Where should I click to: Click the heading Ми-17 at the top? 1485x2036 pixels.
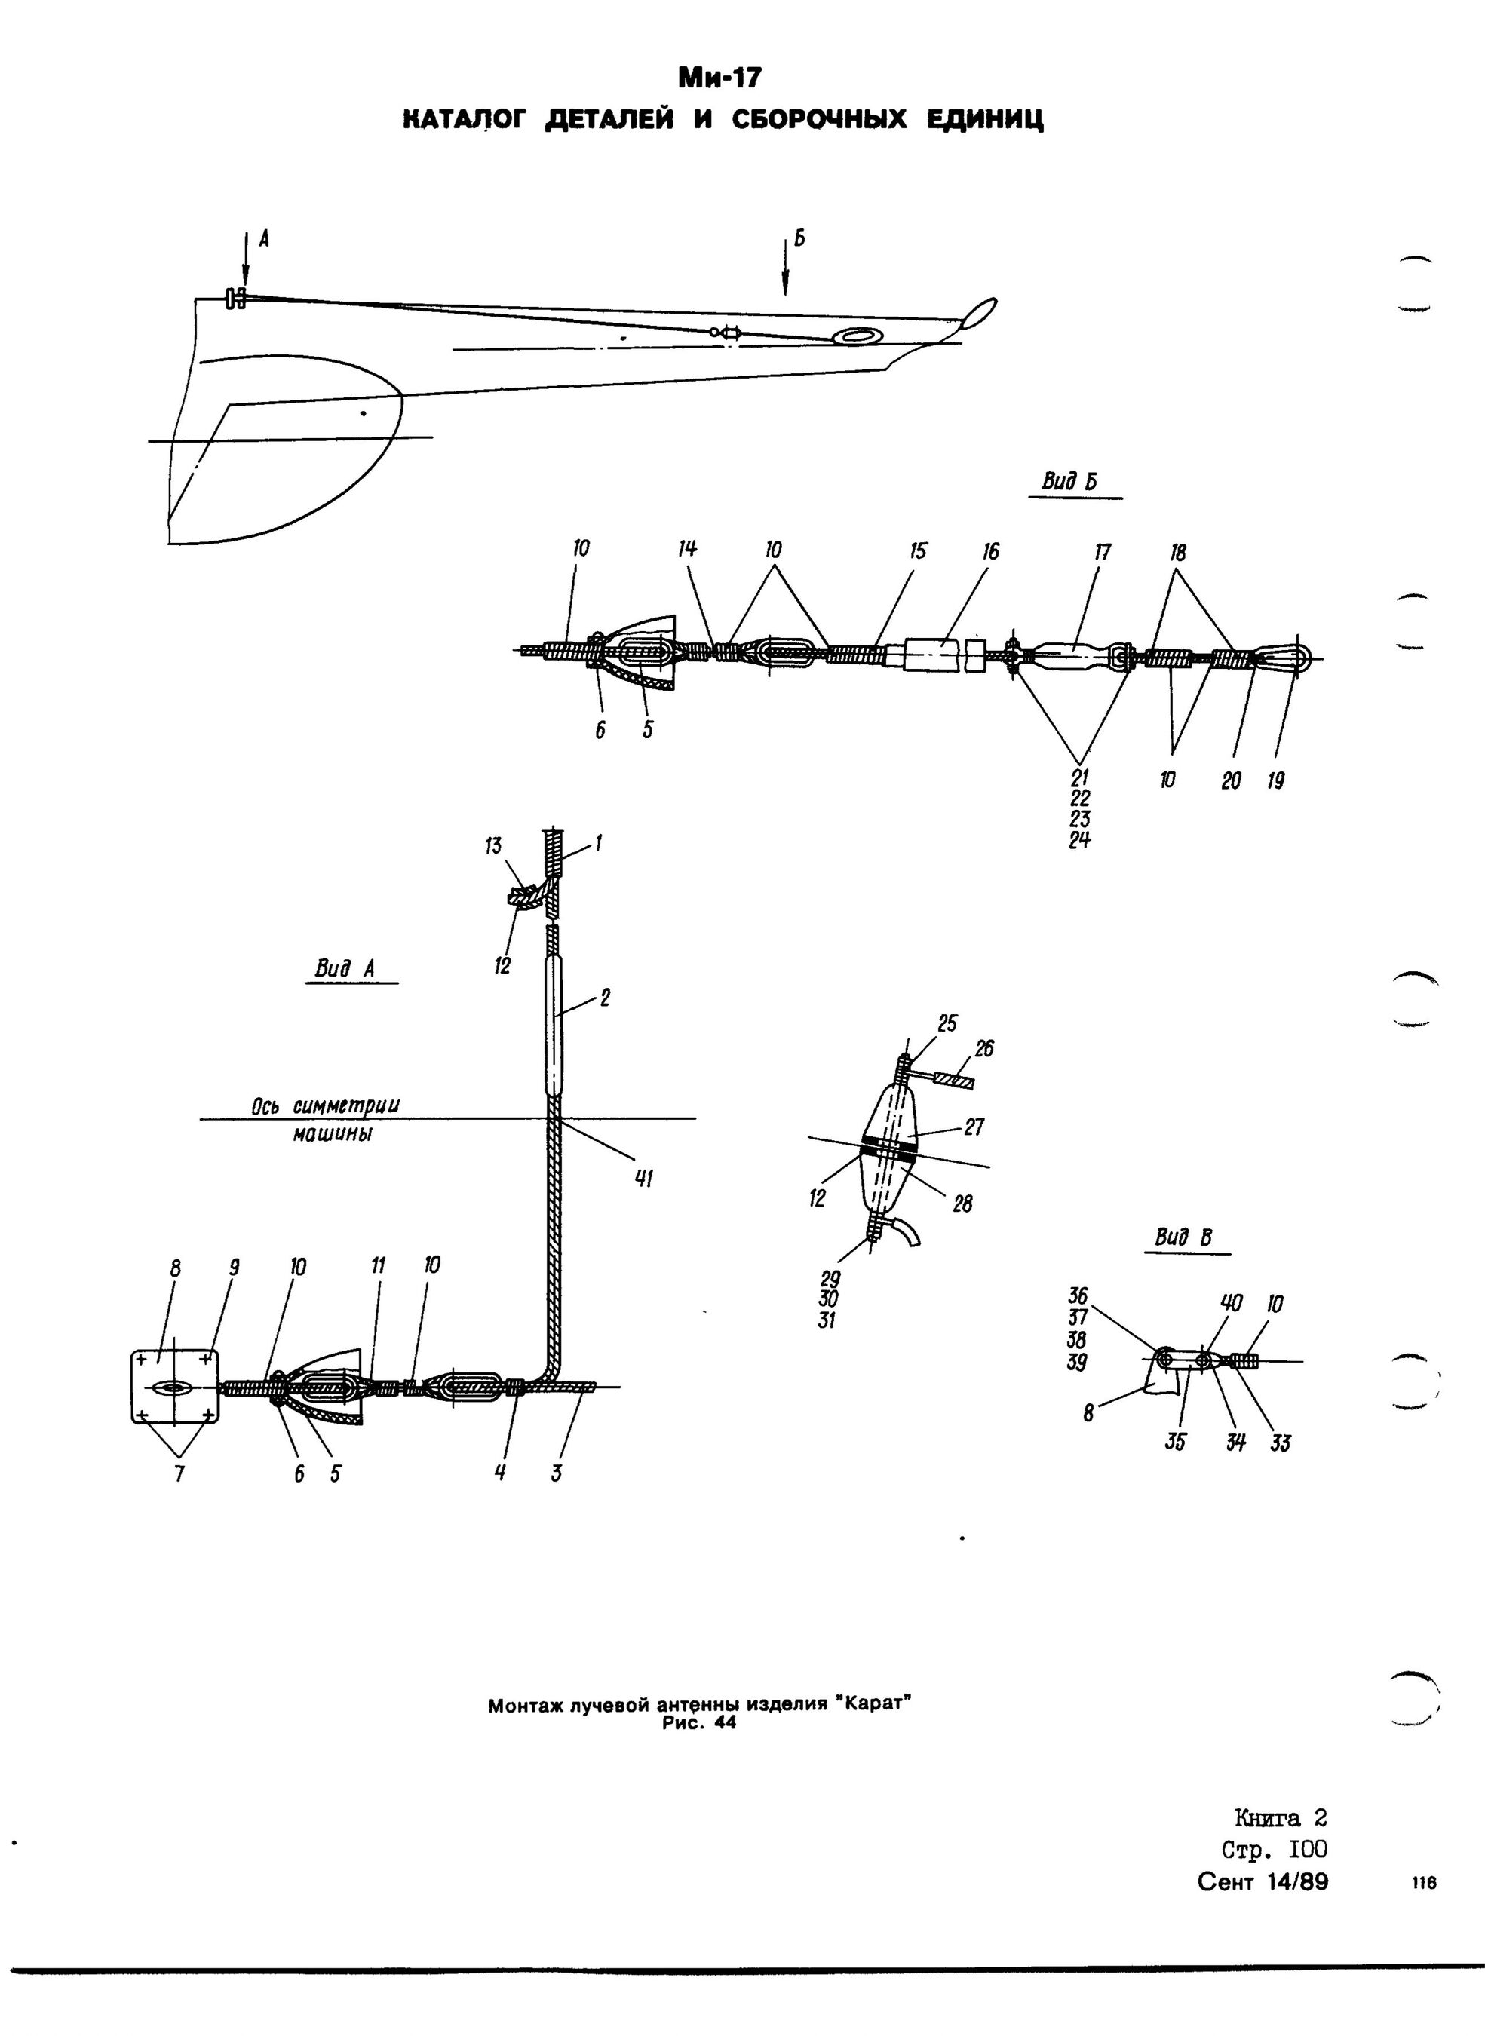point(719,79)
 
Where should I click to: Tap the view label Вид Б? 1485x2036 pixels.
point(1069,483)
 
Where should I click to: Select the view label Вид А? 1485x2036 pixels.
point(344,968)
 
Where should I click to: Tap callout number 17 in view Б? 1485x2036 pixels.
point(1102,552)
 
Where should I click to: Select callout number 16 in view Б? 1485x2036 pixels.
point(989,551)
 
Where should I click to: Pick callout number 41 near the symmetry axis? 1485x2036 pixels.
point(645,1179)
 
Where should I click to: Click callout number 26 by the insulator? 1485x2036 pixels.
point(984,1048)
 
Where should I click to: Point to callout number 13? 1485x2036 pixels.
point(492,846)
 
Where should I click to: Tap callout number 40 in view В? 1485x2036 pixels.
point(1231,1302)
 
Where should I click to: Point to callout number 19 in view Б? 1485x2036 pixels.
point(1275,781)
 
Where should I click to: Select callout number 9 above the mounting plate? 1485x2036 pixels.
point(234,1268)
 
